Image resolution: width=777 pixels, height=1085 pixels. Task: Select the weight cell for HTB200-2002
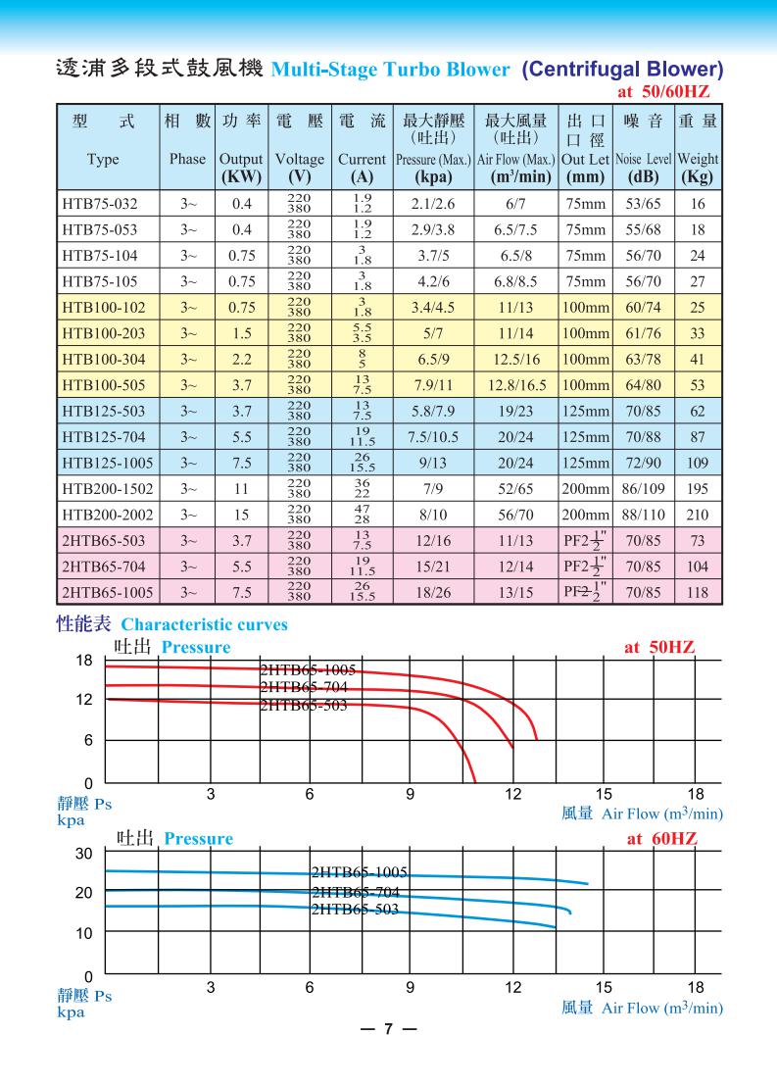coord(698,515)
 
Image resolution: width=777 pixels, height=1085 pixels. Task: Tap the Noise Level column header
coord(644,158)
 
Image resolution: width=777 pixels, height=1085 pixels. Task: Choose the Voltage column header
coord(299,158)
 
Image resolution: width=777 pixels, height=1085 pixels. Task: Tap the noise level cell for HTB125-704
coord(644,437)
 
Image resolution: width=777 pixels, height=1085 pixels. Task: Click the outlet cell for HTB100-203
coord(586,333)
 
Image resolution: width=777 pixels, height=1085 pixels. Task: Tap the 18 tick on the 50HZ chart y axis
coord(84,661)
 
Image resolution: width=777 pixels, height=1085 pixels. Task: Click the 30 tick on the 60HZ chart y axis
coord(84,854)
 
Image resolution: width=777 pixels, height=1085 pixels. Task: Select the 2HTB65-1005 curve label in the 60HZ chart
coord(359,872)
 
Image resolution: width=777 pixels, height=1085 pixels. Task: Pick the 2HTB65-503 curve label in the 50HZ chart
coord(304,706)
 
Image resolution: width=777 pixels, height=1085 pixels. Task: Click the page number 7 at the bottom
coord(388,1030)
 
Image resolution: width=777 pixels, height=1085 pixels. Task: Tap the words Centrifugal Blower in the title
coord(623,70)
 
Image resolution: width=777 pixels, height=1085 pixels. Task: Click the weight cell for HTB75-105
coord(698,280)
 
